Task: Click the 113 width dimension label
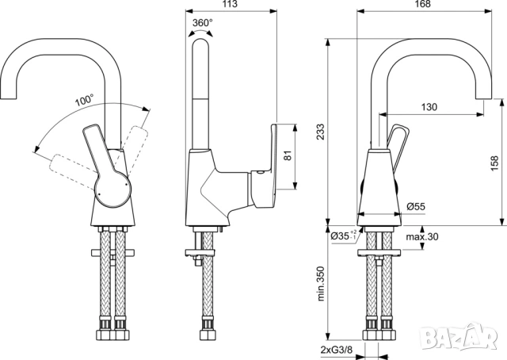231,4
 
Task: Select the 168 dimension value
423,4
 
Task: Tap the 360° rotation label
203,23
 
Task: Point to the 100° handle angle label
85,100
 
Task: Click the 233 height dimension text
320,131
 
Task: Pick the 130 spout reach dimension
429,106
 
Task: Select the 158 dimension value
494,163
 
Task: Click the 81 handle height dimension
288,155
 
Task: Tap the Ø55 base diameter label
416,206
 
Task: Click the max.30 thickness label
422,236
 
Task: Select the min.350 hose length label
320,284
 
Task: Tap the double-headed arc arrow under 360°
200,32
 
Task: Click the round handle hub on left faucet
112,191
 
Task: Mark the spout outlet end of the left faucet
9,98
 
